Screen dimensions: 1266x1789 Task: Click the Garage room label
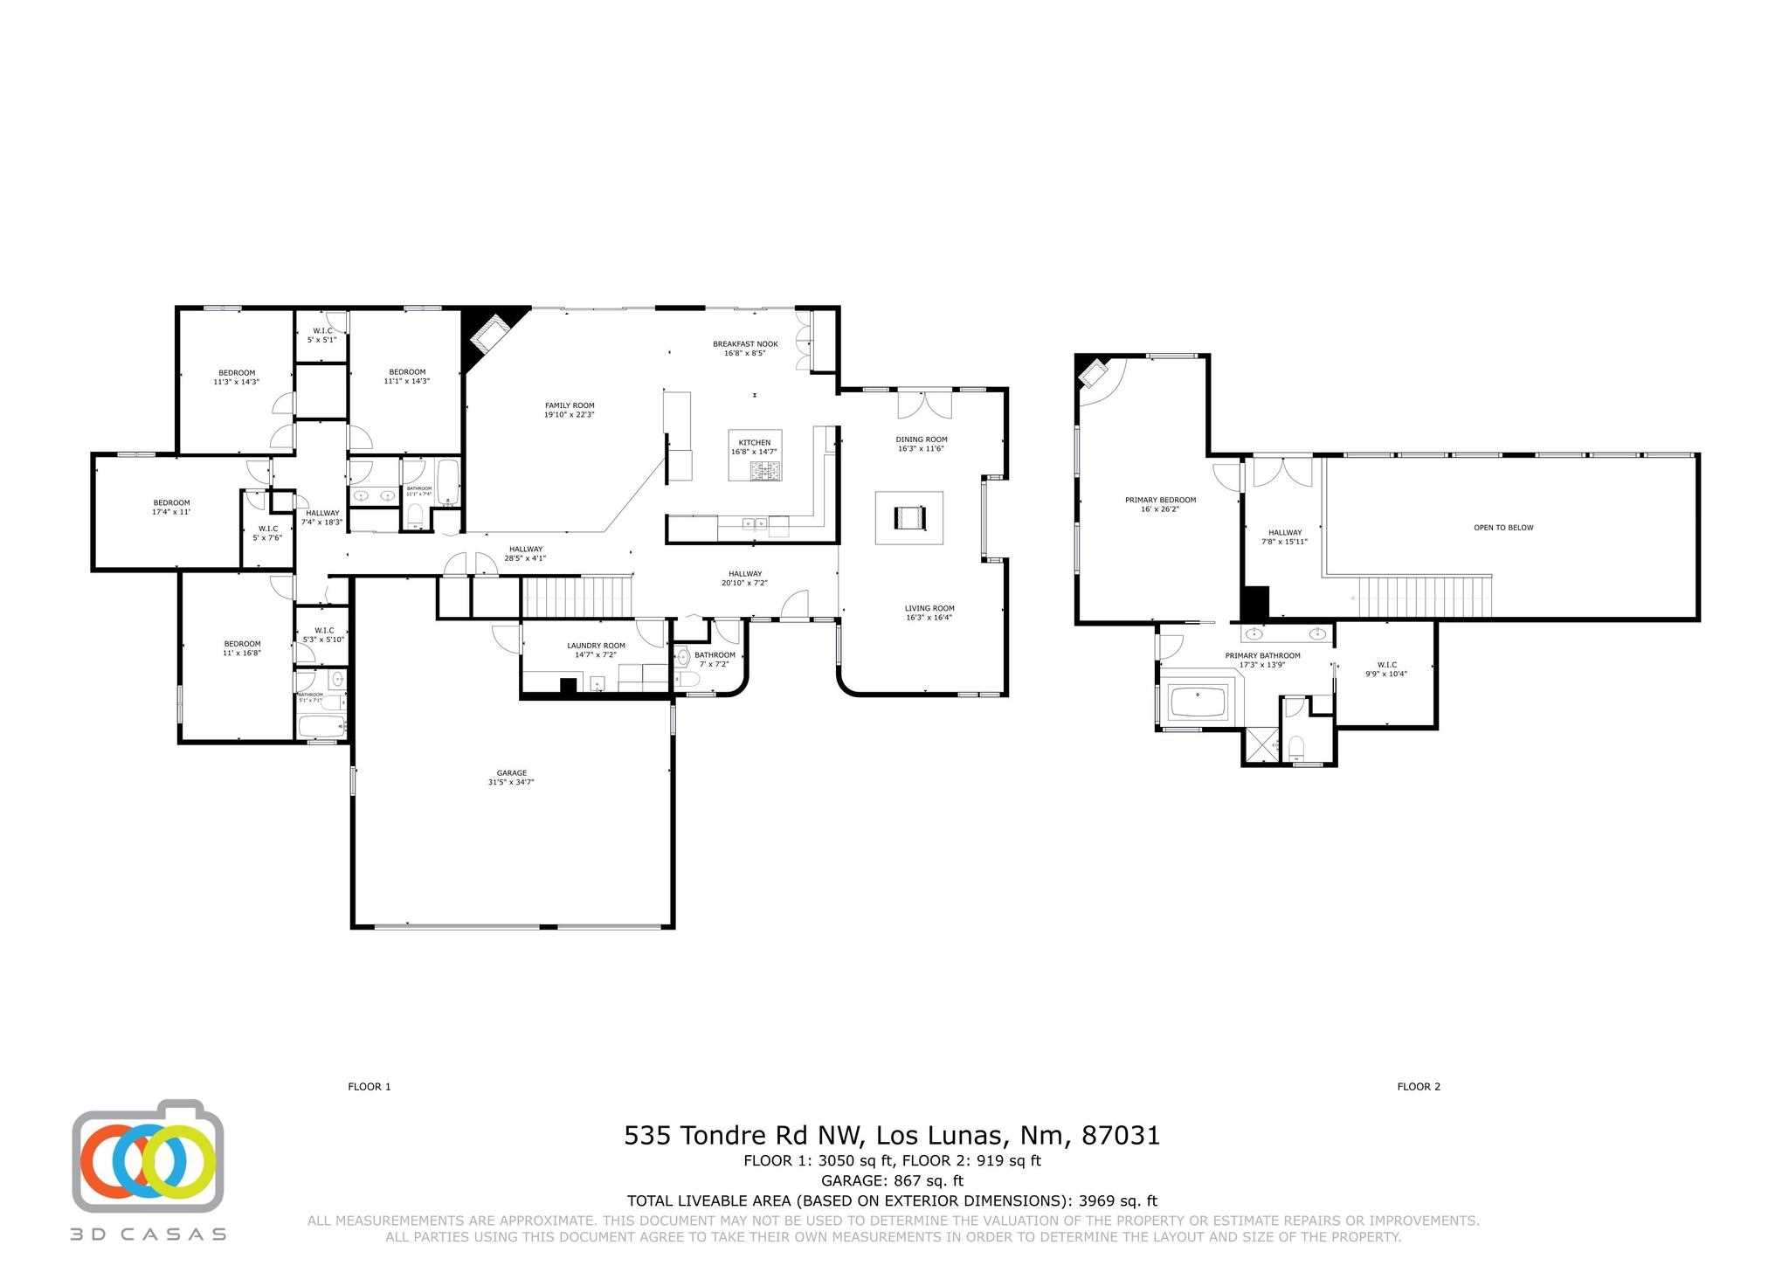pyautogui.click(x=511, y=778)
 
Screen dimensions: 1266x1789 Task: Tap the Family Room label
pyautogui.click(x=570, y=410)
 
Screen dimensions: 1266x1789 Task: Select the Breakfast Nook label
pyautogui.click(x=744, y=349)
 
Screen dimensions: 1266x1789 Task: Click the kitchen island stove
pyautogui.click(x=766, y=473)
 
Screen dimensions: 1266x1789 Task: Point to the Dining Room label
pyautogui.click(x=921, y=444)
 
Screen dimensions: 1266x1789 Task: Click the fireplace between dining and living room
pyautogui.click(x=908, y=518)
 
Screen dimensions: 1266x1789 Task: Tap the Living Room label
pyautogui.click(x=929, y=612)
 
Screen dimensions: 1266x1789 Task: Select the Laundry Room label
pyautogui.click(x=596, y=650)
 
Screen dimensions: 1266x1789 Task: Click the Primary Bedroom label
pyautogui.click(x=1160, y=504)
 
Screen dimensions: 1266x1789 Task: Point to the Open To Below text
pyautogui.click(x=1503, y=528)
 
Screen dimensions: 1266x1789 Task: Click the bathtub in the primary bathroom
pyautogui.click(x=1198, y=702)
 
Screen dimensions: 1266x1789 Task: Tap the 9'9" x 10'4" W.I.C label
pyautogui.click(x=1386, y=669)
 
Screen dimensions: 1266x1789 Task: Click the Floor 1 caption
pyautogui.click(x=369, y=1087)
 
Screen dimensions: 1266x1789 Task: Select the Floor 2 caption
pyautogui.click(x=1419, y=1087)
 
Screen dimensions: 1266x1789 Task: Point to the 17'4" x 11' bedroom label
pyautogui.click(x=171, y=507)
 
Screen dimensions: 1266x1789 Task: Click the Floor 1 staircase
pyautogui.click(x=577, y=596)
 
